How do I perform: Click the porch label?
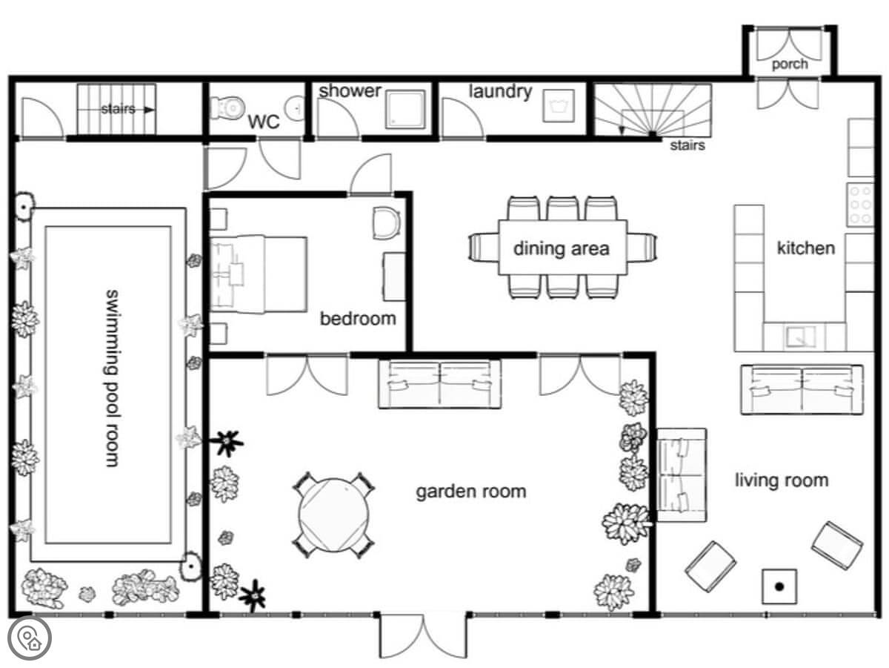click(x=790, y=64)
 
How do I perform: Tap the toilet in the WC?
click(x=227, y=108)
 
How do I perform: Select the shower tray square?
click(x=405, y=109)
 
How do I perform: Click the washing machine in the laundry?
click(x=559, y=106)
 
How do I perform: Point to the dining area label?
click(x=562, y=248)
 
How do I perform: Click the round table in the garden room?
click(x=334, y=515)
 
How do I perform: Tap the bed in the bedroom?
click(x=259, y=274)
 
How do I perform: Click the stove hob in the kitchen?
click(x=860, y=205)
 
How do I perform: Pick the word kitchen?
click(x=806, y=248)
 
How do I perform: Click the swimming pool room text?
click(x=112, y=378)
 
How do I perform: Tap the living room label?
click(x=782, y=480)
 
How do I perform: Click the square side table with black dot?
click(x=779, y=586)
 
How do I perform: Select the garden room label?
click(x=471, y=492)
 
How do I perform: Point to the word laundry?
click(x=500, y=92)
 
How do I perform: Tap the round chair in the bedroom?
click(x=387, y=222)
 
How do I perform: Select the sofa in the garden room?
click(x=440, y=384)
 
